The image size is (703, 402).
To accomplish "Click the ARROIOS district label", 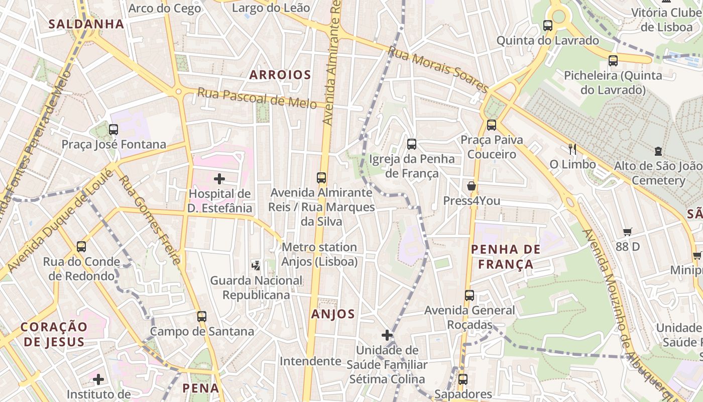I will pos(280,75).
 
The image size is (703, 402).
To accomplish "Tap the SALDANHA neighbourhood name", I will pos(86,24).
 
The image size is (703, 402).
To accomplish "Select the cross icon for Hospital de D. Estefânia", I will pos(219,178).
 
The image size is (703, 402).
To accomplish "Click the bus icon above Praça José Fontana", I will pos(113,130).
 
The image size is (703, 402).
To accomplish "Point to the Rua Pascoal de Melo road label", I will pos(257,98).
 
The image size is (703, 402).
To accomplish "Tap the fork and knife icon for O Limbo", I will pos(572,149).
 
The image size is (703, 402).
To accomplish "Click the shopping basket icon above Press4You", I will pos(472,186).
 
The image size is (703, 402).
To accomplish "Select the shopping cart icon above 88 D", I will pos(628,232).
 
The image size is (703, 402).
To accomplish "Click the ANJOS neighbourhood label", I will pos(333,314).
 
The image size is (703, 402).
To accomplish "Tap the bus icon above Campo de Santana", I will pos(202,317).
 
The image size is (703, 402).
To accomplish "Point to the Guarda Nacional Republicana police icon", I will pos(256,264).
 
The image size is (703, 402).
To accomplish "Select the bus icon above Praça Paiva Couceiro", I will pos(492,125).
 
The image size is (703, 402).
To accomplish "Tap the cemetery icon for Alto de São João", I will pos(658,151).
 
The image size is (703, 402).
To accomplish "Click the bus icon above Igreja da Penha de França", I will pos(412,144).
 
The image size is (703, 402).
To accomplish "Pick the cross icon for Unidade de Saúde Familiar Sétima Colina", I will pos(387,335).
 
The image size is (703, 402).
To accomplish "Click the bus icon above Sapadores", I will pos(463,379).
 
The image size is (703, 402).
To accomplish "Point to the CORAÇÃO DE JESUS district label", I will pos(54,334).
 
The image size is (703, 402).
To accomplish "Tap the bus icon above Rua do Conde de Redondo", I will pos(81,247).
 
